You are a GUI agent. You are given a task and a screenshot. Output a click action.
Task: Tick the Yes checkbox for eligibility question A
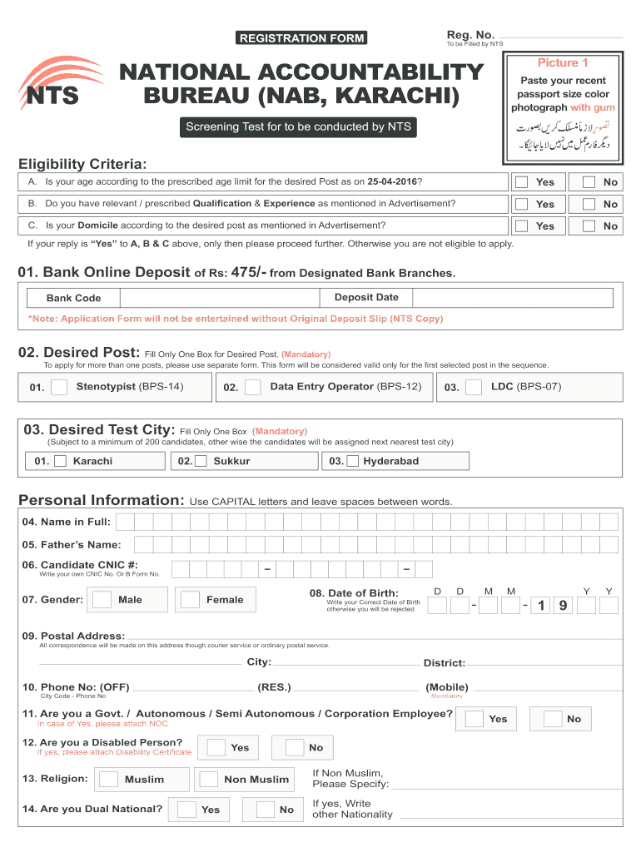521,182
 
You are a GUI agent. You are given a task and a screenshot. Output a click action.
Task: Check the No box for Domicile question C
589,225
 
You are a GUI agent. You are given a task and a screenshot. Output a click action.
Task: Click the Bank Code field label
73,298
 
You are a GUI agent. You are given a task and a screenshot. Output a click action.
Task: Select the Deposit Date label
366,297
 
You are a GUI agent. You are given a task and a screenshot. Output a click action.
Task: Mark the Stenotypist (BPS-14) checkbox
59,387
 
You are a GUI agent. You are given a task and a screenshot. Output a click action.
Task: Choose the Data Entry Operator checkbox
253,387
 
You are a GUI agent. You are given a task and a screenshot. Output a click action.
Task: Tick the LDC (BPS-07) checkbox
474,387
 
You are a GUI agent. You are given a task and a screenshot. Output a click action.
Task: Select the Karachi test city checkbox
60,461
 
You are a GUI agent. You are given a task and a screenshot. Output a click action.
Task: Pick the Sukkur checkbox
201,461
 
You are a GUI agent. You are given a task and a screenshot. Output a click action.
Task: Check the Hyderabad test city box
353,461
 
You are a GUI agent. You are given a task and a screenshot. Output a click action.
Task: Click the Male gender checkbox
102,600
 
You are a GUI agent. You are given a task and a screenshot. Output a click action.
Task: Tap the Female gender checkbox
191,600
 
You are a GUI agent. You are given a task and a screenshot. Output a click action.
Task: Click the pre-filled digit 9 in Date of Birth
564,606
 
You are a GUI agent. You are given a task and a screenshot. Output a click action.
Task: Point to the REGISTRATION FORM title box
301,38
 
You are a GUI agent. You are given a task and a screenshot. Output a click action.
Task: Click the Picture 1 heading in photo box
563,63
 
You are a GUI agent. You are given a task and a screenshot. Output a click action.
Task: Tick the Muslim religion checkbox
108,780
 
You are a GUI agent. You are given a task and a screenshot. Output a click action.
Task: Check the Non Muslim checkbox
208,780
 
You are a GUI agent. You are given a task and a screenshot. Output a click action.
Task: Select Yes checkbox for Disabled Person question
216,747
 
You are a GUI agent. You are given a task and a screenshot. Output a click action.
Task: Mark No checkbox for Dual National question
265,810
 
